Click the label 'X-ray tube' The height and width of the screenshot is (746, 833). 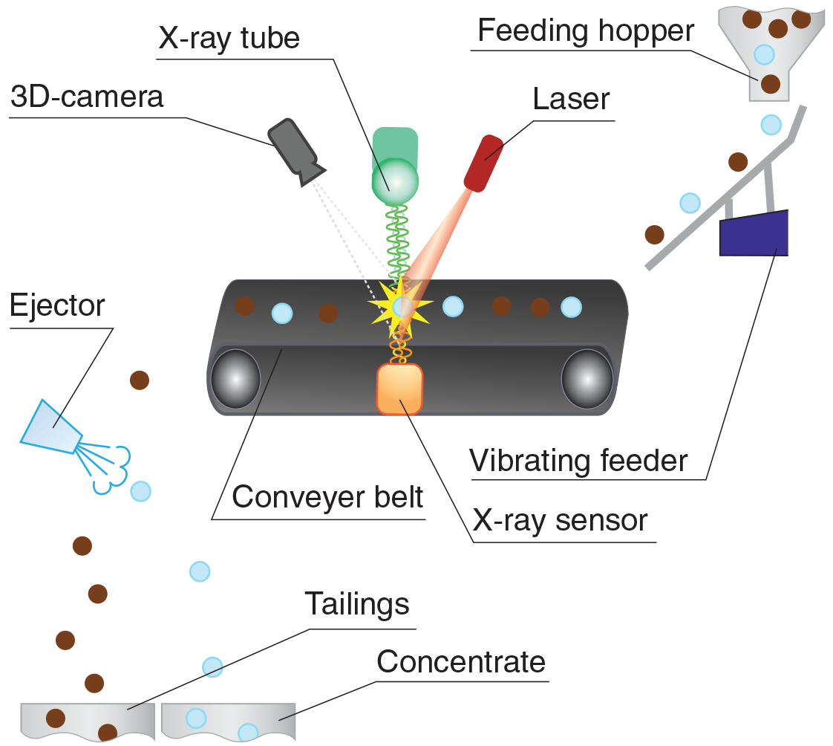tap(229, 37)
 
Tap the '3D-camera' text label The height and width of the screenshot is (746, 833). tap(86, 97)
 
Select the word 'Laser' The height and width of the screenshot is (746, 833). tap(572, 100)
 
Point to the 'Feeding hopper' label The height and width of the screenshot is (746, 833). tap(585, 31)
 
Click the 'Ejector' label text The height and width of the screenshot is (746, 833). tap(57, 305)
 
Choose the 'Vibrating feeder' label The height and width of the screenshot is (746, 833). tap(579, 461)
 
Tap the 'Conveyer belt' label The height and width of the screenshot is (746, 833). tap(327, 496)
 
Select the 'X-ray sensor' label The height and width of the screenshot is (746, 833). tap(561, 520)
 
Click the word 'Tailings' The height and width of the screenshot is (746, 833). tap(357, 604)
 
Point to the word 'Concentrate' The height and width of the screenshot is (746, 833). tap(461, 661)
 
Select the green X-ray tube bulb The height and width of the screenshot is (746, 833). tap(394, 178)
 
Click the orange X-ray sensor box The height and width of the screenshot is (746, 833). tap(399, 389)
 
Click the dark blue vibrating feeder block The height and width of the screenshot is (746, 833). tap(754, 232)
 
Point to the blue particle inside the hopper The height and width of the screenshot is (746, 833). tap(764, 53)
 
